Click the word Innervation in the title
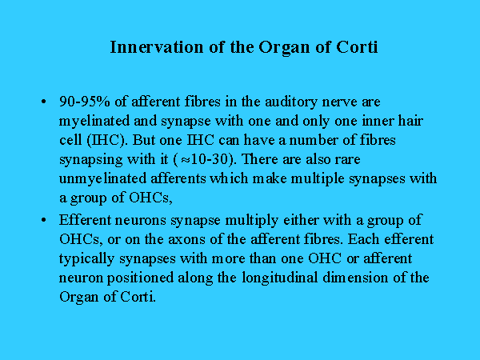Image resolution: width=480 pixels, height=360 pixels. [x=157, y=47]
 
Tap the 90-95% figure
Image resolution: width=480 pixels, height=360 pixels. [x=85, y=102]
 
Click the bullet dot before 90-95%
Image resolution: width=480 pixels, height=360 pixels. [x=43, y=102]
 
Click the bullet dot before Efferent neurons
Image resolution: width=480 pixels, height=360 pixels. [x=43, y=220]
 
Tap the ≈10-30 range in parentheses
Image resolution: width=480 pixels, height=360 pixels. [x=204, y=159]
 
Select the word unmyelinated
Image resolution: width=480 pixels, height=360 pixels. [x=102, y=179]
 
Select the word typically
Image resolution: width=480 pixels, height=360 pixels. [x=86, y=259]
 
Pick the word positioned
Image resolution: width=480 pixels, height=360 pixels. [x=140, y=278]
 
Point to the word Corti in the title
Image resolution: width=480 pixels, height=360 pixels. [x=357, y=47]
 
